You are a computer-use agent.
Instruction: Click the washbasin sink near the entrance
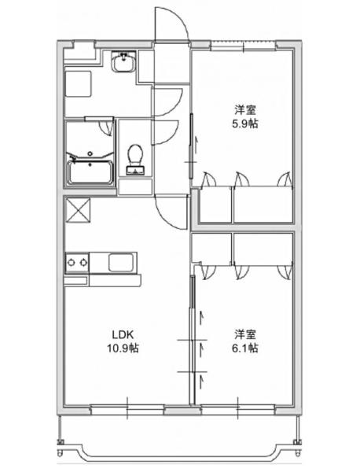(123, 63)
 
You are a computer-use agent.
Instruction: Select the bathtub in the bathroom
(90, 169)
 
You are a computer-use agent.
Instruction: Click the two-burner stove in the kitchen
(77, 263)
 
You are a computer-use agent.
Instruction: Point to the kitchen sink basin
(123, 263)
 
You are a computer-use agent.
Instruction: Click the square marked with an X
(79, 212)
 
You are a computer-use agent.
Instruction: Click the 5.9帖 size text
(243, 125)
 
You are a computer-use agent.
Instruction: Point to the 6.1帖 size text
(244, 347)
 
